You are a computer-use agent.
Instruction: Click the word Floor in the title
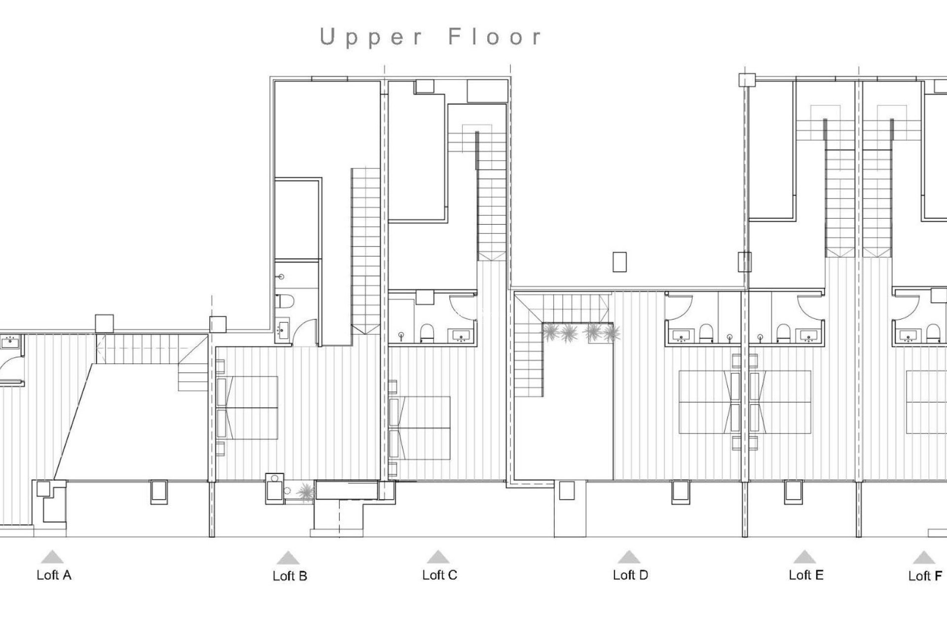coord(495,38)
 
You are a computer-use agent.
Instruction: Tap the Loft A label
coord(54,575)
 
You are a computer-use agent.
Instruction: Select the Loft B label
coord(290,576)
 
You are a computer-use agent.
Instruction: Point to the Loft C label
coord(439,575)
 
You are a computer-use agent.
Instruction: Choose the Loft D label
coord(630,575)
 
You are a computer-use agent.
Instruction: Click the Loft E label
coord(805,575)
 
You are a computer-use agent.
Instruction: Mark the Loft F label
coord(925,576)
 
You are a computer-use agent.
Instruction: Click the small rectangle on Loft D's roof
coord(619,262)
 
